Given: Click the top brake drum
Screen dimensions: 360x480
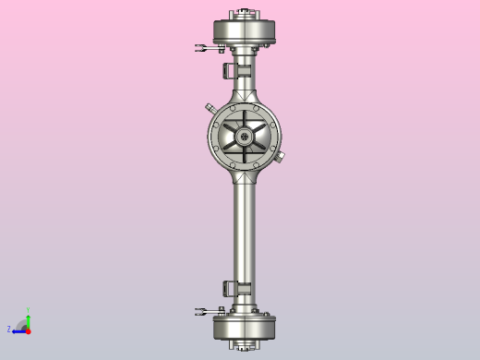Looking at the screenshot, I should (245, 31).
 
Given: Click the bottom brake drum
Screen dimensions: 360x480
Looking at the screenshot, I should (245, 328).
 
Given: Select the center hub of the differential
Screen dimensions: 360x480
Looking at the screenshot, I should (245, 137).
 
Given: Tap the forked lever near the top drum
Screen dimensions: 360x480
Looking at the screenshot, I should (207, 47).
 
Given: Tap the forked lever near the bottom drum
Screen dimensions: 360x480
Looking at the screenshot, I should (207, 310).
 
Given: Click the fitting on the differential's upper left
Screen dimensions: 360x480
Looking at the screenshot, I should (210, 109).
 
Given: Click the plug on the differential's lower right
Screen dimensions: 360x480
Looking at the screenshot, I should (281, 156).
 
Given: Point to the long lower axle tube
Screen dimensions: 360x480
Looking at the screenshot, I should (245, 231).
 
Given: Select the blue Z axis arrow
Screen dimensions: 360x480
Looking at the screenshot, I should (18, 330).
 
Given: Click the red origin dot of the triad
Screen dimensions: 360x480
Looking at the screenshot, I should (29, 330).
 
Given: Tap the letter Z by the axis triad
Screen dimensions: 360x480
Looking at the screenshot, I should (9, 329).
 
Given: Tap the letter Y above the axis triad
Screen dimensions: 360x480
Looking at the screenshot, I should (28, 311).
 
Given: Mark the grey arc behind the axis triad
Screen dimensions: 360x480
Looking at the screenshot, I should (22, 324).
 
